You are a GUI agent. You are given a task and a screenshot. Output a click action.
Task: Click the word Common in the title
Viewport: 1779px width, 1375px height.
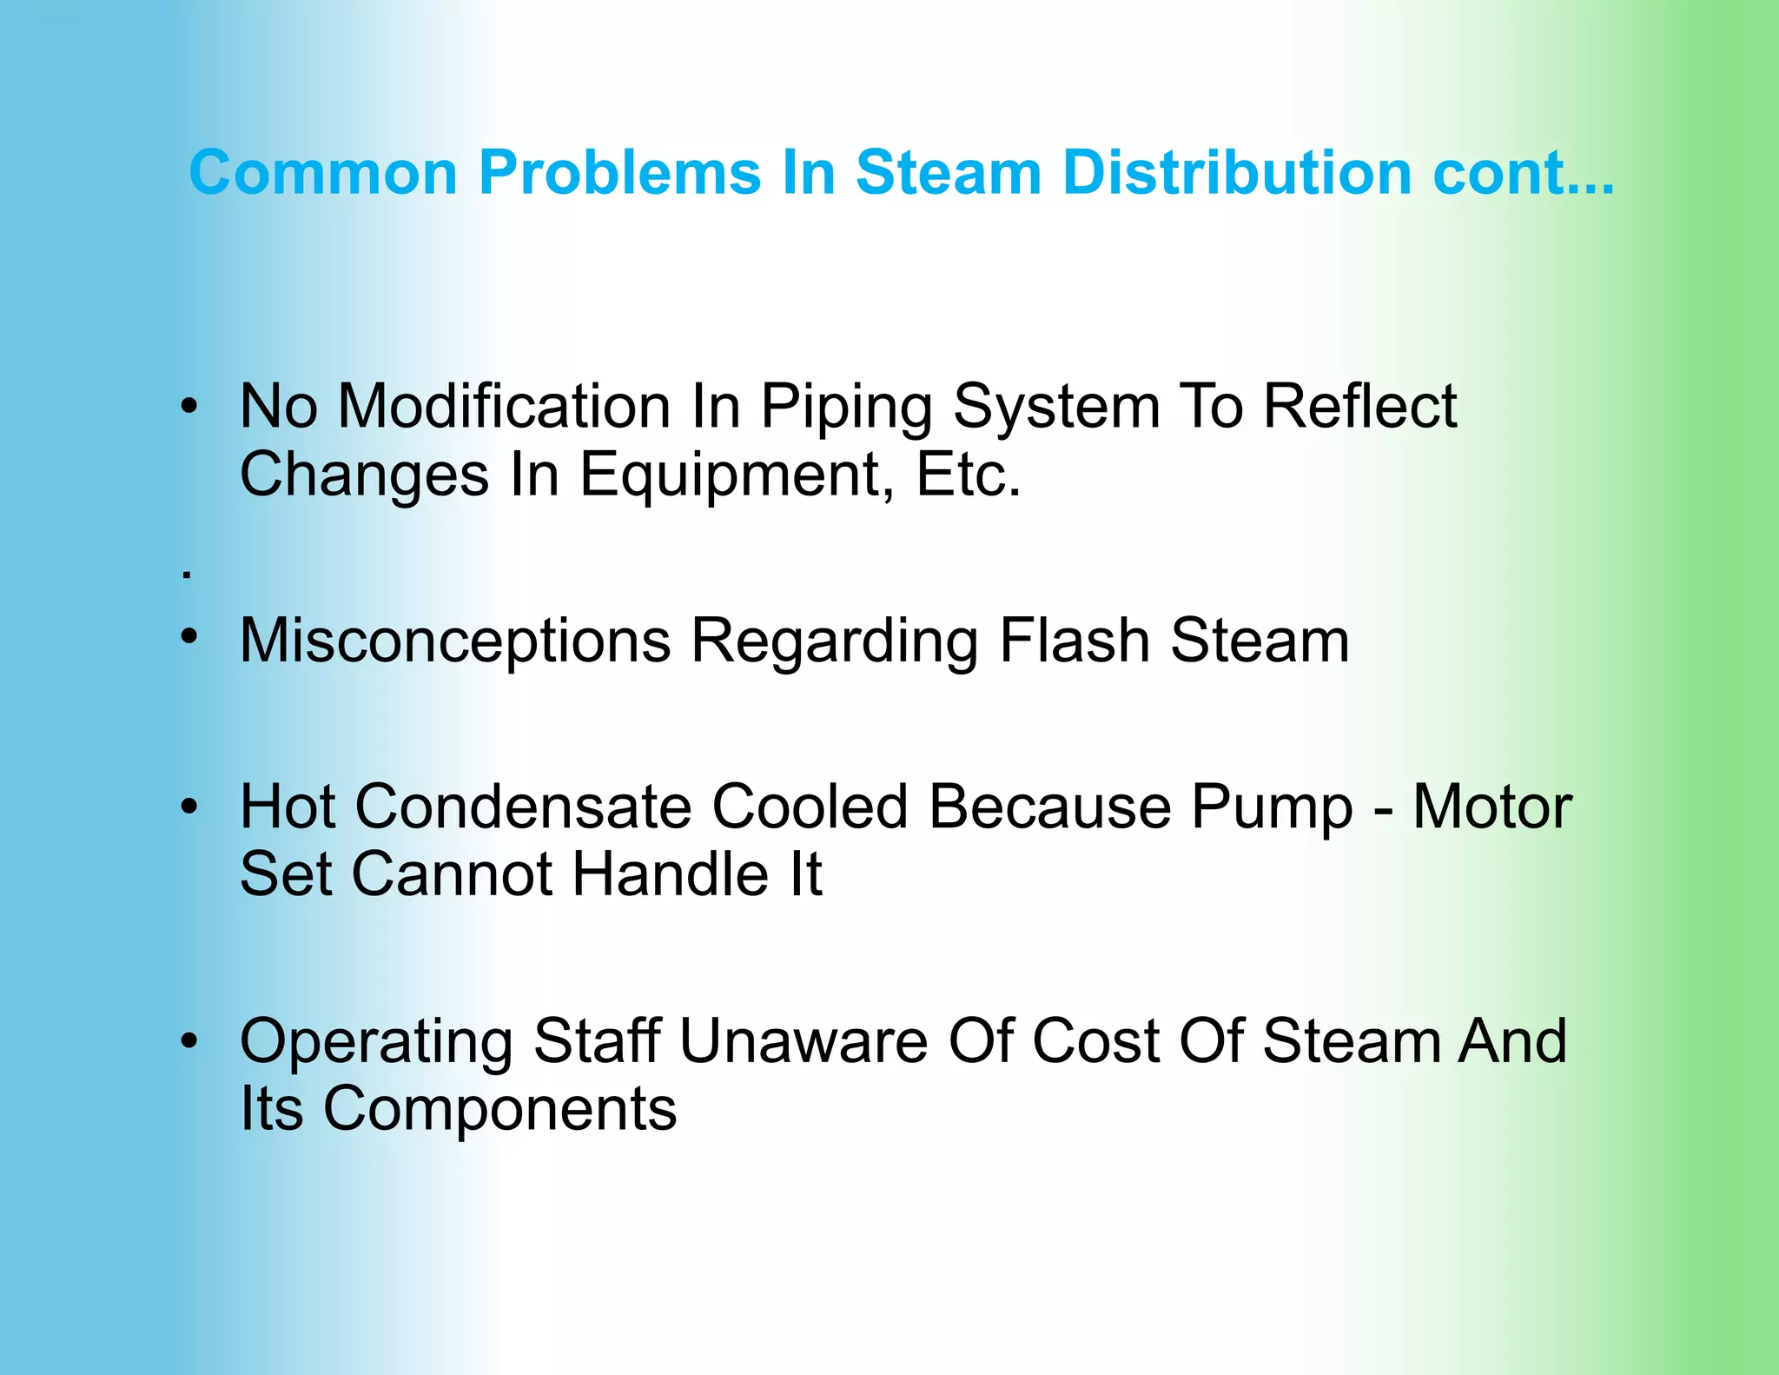click(x=323, y=172)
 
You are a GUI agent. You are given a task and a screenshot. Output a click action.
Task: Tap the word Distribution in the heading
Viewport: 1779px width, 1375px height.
click(x=1237, y=172)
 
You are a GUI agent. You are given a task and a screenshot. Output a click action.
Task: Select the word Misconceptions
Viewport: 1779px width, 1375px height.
click(x=455, y=641)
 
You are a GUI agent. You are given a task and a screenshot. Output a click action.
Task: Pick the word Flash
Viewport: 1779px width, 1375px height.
click(x=1075, y=641)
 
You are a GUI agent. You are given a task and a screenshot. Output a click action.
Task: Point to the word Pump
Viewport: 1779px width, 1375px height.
click(x=1272, y=808)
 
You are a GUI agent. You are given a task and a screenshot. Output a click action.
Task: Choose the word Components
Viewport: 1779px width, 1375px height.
click(x=499, y=1110)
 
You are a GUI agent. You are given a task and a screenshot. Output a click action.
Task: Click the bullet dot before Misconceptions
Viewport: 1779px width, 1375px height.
click(x=189, y=636)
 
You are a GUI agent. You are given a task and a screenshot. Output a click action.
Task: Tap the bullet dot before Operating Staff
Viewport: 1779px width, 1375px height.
click(x=189, y=1039)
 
